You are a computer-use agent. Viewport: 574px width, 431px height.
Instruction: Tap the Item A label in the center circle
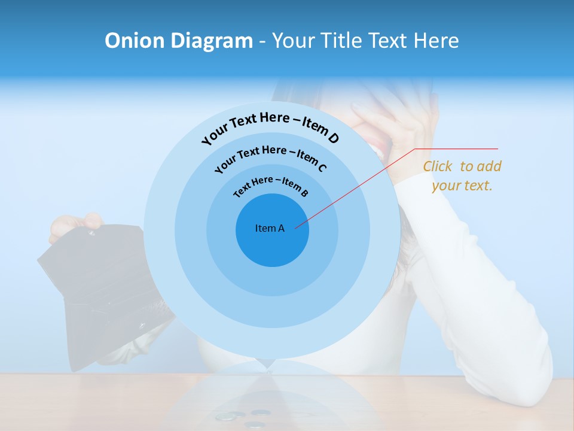(270, 228)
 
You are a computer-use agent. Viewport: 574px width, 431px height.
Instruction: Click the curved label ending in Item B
(271, 186)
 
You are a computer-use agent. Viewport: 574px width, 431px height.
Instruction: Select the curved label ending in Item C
(270, 158)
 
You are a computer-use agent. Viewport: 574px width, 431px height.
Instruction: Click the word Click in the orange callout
(438, 166)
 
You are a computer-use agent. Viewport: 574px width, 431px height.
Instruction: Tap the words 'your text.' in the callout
(462, 186)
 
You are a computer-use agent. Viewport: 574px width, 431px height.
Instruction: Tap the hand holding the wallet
(75, 224)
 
